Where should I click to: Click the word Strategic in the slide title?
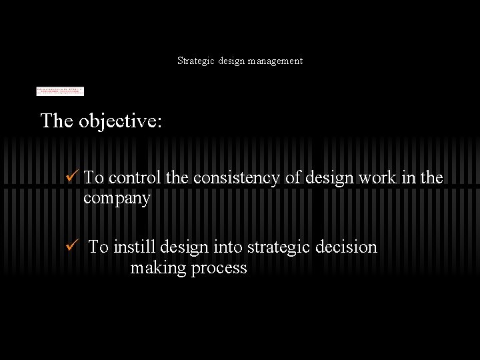coord(195,61)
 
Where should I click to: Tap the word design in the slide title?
coord(231,61)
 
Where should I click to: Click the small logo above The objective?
coord(60,91)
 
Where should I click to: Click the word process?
coord(219,269)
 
